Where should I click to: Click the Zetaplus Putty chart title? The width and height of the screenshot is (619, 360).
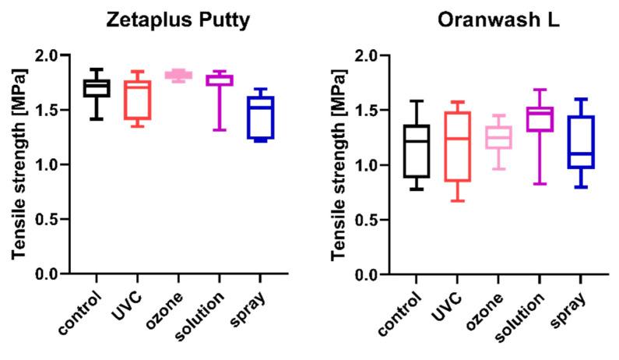point(178,23)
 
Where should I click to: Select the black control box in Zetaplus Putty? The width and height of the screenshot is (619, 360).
point(97,87)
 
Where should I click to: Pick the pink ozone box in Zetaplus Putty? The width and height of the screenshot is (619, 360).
point(179,75)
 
